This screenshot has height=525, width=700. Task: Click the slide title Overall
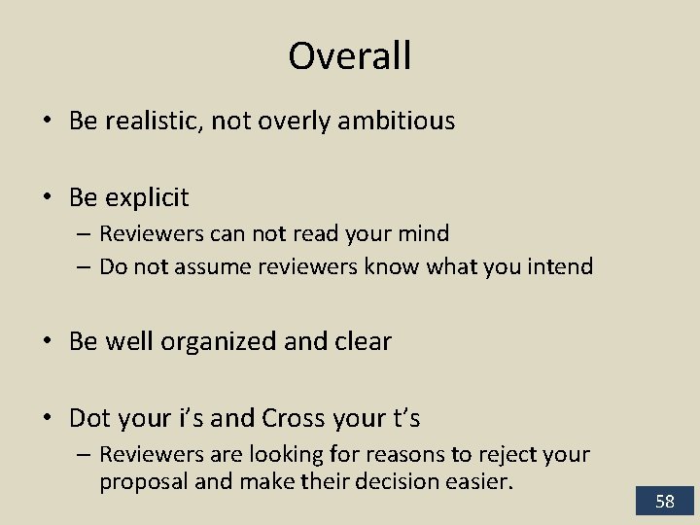(x=350, y=55)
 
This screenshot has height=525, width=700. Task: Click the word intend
(x=561, y=266)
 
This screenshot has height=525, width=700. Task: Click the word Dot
(x=90, y=418)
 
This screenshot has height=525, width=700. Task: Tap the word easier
(x=482, y=480)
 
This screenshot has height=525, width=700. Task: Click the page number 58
(x=665, y=502)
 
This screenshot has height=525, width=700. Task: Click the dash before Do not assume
(x=85, y=266)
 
